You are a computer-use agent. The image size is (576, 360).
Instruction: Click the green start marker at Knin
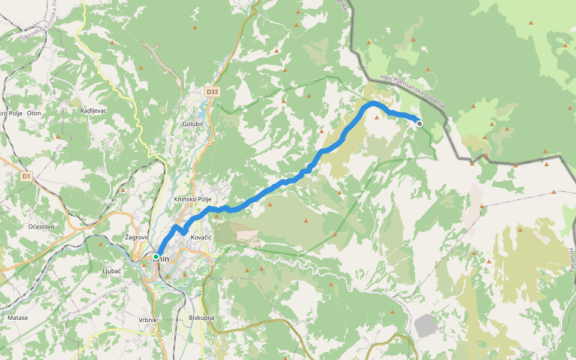pyautogui.click(x=156, y=257)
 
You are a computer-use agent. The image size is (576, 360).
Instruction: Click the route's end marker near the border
pyautogui.click(x=419, y=123)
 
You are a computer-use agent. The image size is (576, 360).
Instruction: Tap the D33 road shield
pyautogui.click(x=211, y=92)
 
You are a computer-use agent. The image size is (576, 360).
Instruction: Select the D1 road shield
pyautogui.click(x=26, y=176)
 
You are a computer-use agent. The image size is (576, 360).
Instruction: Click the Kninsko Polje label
pyautogui.click(x=193, y=199)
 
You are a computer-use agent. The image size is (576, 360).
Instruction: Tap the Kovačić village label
pyautogui.click(x=201, y=238)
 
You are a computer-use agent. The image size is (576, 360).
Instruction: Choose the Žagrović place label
pyautogui.click(x=136, y=238)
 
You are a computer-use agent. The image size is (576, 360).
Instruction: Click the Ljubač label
pyautogui.click(x=112, y=271)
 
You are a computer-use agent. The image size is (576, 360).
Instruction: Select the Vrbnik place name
pyautogui.click(x=147, y=320)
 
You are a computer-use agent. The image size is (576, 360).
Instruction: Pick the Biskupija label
pyautogui.click(x=201, y=317)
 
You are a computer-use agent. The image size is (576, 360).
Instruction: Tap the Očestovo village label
pyautogui.click(x=41, y=226)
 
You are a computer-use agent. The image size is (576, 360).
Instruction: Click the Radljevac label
pyautogui.click(x=93, y=111)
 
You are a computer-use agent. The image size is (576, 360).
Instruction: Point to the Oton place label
pyautogui.click(x=34, y=113)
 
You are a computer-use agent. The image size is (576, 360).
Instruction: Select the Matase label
pyautogui.click(x=18, y=317)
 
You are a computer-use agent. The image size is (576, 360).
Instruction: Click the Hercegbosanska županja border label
pyautogui.click(x=414, y=92)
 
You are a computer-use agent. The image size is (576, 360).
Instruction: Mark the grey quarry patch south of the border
pyautogui.click(x=426, y=325)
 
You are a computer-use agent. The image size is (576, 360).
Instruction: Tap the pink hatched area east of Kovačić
pyautogui.click(x=237, y=233)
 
